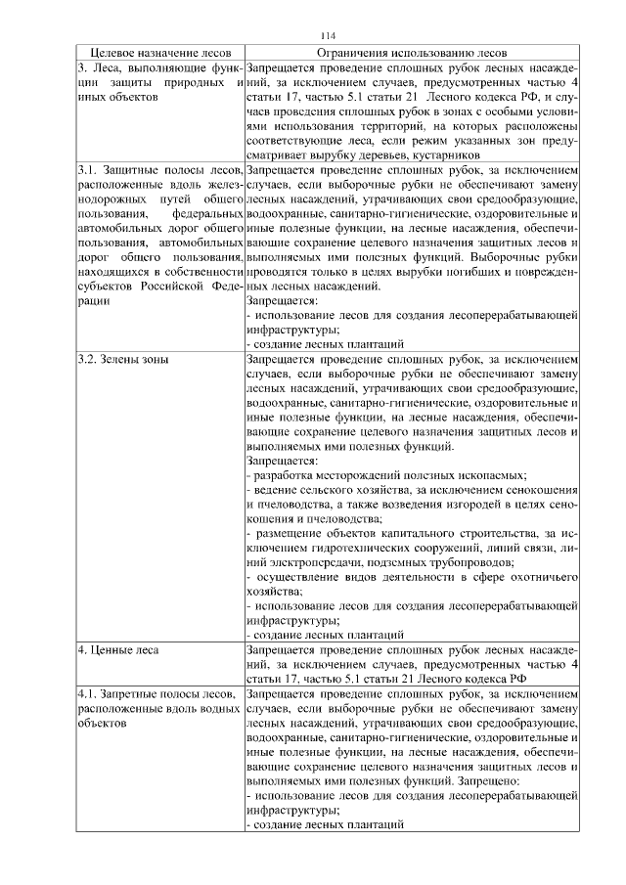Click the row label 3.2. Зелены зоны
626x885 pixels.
click(122, 359)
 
